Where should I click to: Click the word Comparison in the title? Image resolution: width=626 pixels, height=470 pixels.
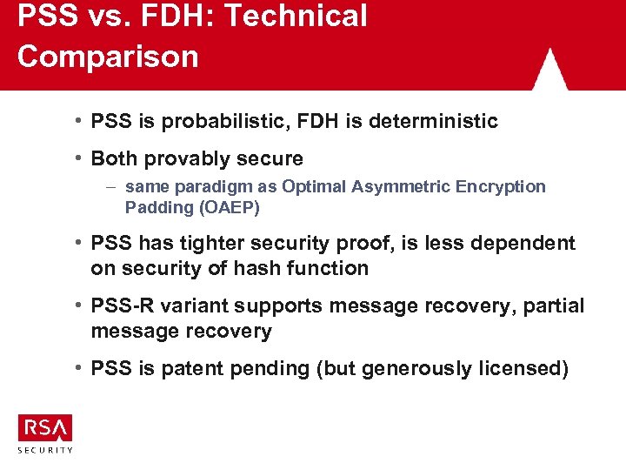tap(108, 57)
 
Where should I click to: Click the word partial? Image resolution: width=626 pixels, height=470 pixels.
tap(554, 306)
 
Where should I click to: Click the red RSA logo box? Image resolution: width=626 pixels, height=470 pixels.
tap(45, 428)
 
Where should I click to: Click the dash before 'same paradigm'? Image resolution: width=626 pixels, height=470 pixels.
tap(113, 186)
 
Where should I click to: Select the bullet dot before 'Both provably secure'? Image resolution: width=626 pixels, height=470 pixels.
tap(78, 158)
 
